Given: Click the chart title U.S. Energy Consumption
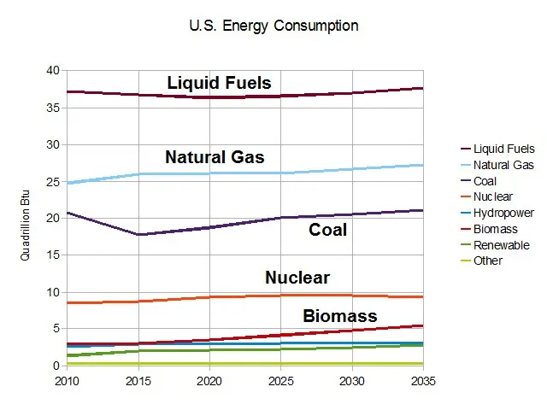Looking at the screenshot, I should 273,26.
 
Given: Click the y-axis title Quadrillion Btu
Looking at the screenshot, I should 26,219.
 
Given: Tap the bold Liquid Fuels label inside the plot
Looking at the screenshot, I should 219,83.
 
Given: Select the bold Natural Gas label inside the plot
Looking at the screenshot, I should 215,157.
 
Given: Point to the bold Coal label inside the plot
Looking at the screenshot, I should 327,230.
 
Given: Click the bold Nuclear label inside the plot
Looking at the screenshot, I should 297,278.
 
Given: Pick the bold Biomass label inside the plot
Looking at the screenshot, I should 339,316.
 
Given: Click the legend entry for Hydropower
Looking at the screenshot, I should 503,213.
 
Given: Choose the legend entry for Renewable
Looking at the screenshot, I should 501,244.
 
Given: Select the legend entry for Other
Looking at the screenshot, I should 488,261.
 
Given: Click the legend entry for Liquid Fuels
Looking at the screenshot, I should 504,149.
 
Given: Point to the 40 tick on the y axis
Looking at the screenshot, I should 55,71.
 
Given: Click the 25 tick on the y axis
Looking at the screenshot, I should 55,182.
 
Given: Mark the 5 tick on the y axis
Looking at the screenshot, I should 57,329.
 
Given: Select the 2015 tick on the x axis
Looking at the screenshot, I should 138,381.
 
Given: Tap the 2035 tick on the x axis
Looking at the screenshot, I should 422,381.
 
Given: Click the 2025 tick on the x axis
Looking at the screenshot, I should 280,381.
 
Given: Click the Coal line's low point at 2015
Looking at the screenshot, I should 138,234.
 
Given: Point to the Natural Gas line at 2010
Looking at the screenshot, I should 68,183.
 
